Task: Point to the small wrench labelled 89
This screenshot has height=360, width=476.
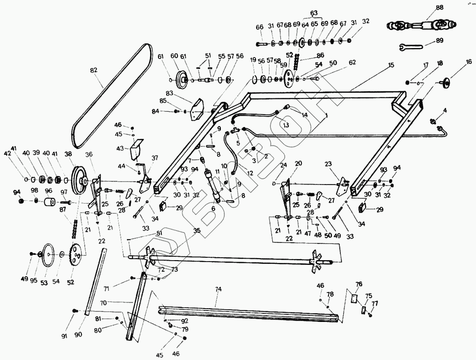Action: (x=411, y=47)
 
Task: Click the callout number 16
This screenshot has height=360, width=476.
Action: (x=469, y=61)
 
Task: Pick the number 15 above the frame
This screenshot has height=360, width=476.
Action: (x=391, y=64)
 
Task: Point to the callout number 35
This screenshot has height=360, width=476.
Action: (x=196, y=232)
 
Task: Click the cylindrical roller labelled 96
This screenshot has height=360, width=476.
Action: (x=49, y=203)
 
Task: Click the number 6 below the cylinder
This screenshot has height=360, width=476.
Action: (x=213, y=208)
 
